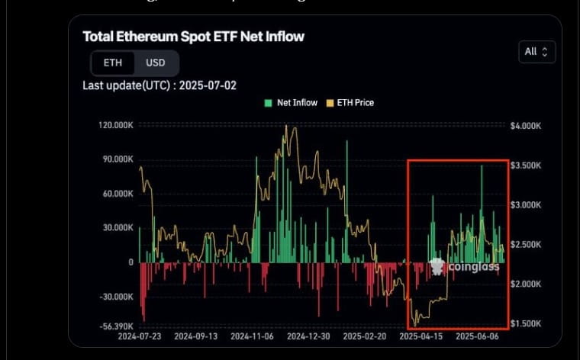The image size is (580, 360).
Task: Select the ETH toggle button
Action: coord(112,63)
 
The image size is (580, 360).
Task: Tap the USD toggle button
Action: coord(156,63)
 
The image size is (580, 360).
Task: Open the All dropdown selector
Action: coord(536,52)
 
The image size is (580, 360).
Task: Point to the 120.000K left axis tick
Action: coord(116,125)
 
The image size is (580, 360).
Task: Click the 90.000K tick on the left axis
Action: coord(118,159)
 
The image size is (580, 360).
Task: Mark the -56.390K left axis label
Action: coord(117,324)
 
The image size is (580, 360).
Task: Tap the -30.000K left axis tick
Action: coord(117,297)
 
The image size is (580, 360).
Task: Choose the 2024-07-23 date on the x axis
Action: coord(140,336)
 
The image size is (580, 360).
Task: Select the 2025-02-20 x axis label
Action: coord(364,336)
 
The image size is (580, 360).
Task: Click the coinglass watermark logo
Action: coord(465,266)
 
